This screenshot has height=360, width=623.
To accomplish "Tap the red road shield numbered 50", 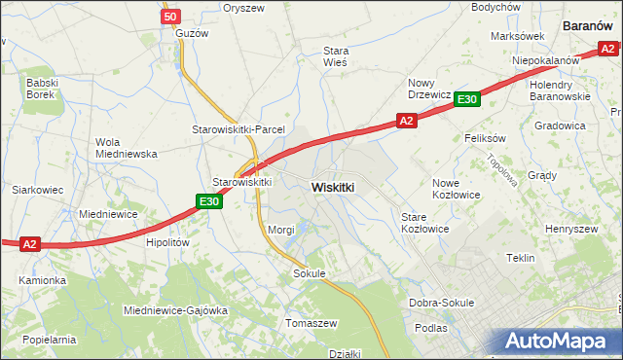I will (x=170, y=17).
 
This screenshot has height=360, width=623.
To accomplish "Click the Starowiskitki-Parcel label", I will (x=237, y=129).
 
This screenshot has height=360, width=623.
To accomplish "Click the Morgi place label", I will (x=280, y=230).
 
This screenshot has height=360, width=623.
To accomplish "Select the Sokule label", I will (x=309, y=274).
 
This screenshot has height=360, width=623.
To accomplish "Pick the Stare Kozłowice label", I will (x=424, y=222).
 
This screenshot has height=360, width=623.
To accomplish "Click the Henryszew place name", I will (x=571, y=229).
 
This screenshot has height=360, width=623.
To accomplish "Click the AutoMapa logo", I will (x=558, y=341).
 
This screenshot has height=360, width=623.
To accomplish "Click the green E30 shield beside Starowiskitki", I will (x=208, y=201).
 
